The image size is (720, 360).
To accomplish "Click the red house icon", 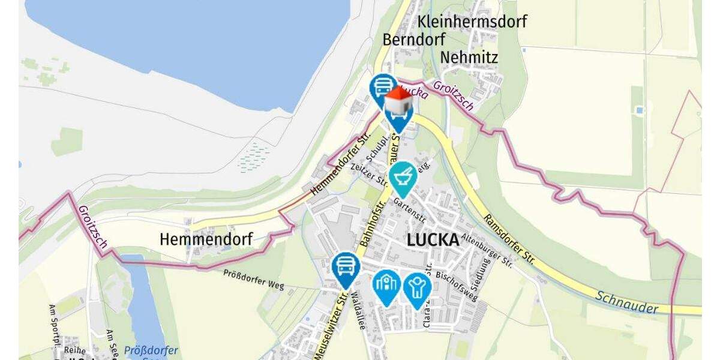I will (x=398, y=101).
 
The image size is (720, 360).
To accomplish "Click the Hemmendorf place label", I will (x=206, y=239).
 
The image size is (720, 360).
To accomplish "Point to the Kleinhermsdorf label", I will (x=472, y=22).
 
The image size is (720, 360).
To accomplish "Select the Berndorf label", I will (x=414, y=40).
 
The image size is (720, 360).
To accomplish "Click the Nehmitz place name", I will (x=469, y=57).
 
